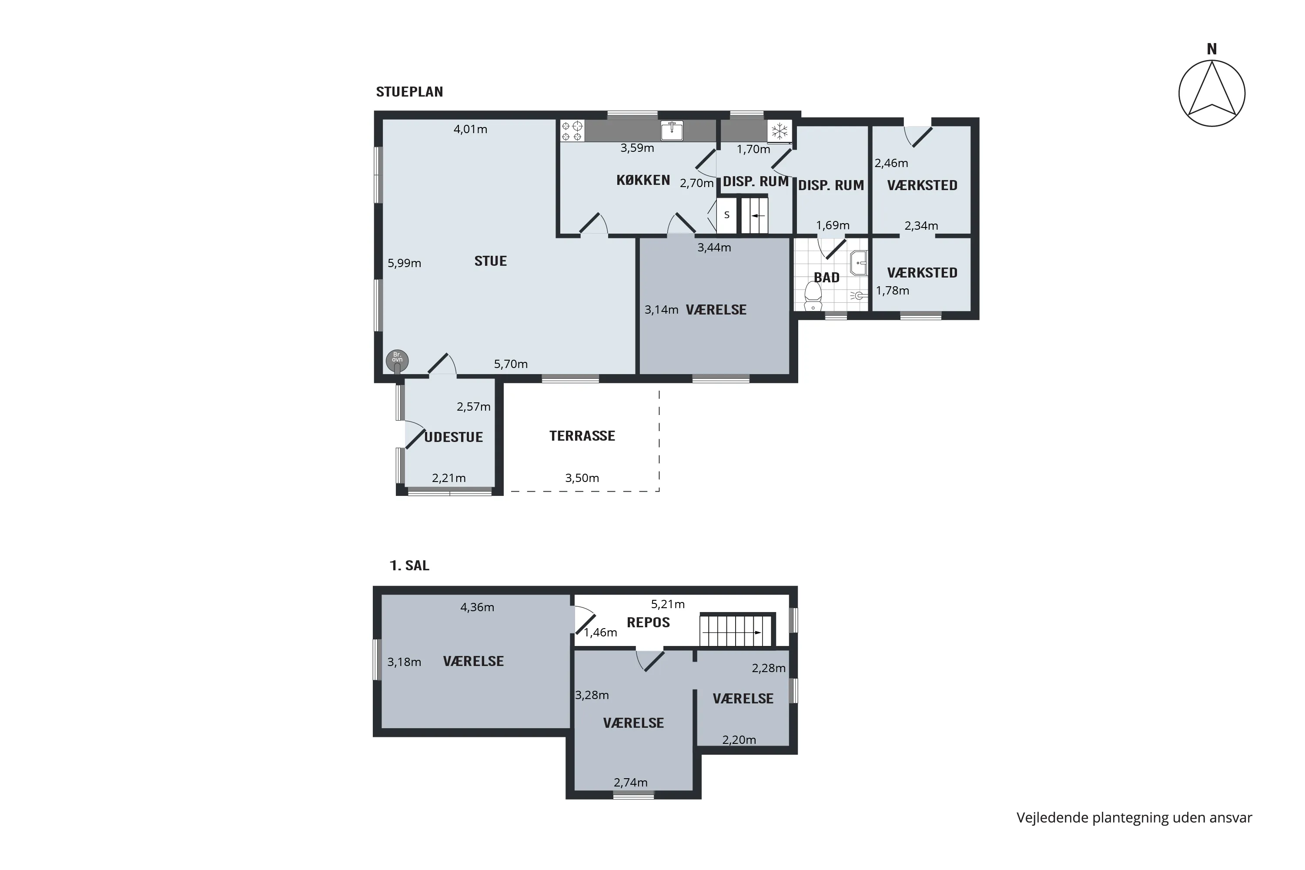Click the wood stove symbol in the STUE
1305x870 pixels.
(397, 361)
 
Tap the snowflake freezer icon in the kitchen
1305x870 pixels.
(780, 131)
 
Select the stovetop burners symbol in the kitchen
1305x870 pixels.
(572, 131)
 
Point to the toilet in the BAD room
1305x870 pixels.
(813, 296)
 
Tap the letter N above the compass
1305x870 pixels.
(1212, 50)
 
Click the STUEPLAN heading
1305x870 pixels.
(409, 91)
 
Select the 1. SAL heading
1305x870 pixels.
(409, 565)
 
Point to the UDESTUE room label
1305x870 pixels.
(453, 437)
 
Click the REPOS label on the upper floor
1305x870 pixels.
(648, 622)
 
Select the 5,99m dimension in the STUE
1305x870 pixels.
(404, 263)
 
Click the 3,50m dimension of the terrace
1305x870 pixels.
(582, 478)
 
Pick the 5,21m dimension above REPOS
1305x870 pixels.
(667, 604)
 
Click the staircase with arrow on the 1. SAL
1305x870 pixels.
(736, 631)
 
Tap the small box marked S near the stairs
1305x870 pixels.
(727, 215)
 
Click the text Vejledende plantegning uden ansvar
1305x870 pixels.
(1134, 818)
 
